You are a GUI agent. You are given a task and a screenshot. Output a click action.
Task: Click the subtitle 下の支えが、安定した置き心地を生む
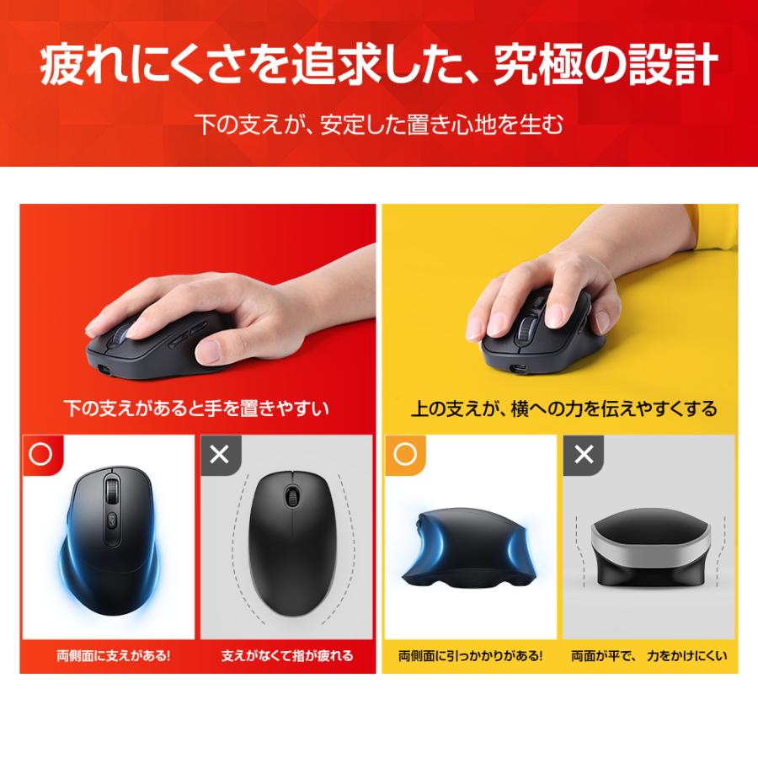pos(379,125)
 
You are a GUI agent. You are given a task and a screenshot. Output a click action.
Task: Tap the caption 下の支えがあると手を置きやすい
pos(196,409)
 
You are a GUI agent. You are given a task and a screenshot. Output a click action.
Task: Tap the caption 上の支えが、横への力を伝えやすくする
pos(563,409)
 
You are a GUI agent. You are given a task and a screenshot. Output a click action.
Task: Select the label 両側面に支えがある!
pos(108,654)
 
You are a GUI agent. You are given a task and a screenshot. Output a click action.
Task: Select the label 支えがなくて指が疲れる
pos(287,654)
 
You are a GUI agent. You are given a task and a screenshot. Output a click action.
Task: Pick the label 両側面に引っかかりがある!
pos(470,654)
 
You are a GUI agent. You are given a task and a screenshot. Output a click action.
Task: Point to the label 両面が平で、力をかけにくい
pos(649,654)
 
